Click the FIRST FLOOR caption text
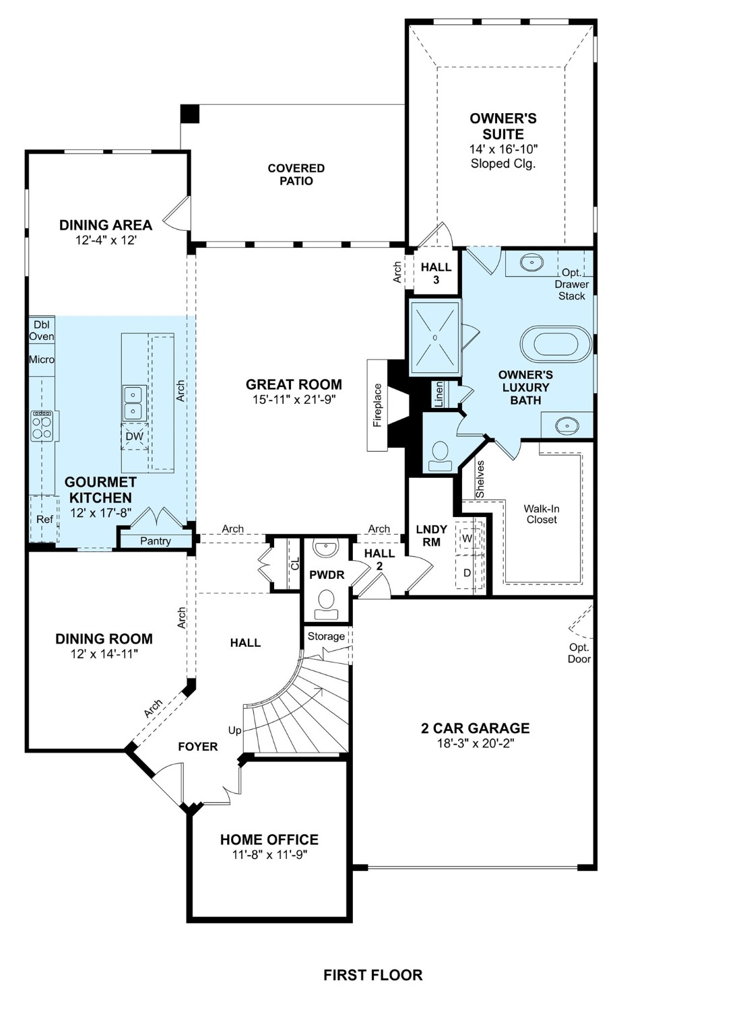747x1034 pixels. click(x=372, y=975)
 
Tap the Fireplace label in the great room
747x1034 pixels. click(x=378, y=405)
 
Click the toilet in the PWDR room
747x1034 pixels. click(x=327, y=601)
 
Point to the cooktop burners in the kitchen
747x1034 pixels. click(x=42, y=427)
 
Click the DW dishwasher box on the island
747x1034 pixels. click(x=134, y=436)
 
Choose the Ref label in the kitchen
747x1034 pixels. click(x=44, y=519)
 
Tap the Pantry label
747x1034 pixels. click(x=156, y=541)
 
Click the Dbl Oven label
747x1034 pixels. click(x=41, y=331)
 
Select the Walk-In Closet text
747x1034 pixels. click(x=542, y=514)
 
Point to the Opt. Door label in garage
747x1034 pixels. click(x=579, y=653)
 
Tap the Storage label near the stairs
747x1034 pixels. click(x=326, y=636)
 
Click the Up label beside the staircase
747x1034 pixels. click(x=234, y=730)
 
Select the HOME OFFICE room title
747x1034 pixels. click(x=269, y=839)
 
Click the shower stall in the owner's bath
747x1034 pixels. click(x=436, y=337)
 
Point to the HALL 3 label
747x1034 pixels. click(x=436, y=273)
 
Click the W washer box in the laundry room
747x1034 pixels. click(x=467, y=539)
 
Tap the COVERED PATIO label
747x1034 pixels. click(x=296, y=174)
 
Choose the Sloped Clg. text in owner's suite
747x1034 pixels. click(x=503, y=164)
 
